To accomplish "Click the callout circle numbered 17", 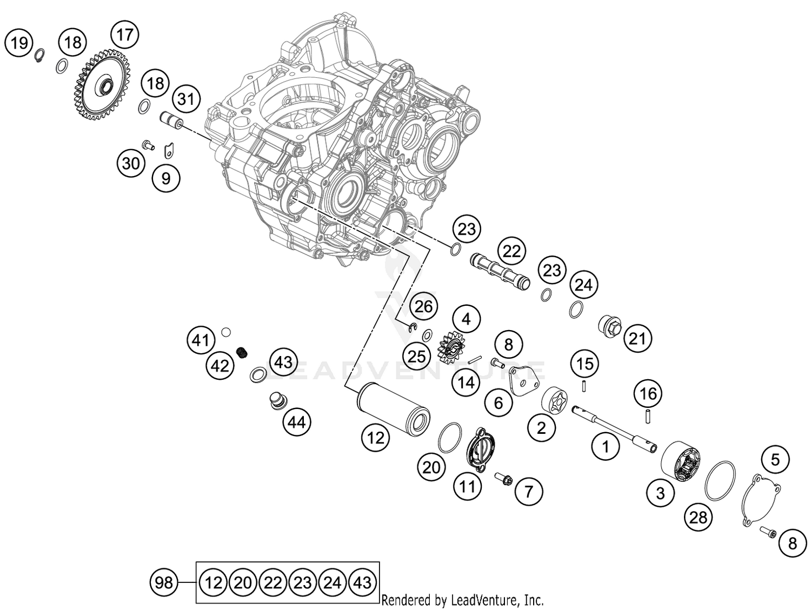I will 124,35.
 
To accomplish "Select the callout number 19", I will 19,42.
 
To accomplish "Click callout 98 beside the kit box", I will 163,582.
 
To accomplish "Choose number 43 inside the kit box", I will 362,582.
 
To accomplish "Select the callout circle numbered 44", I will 297,422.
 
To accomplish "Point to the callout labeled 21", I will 637,339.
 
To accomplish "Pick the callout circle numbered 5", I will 775,460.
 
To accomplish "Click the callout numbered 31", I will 186,99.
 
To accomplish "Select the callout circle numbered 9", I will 166,178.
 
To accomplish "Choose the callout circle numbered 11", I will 467,486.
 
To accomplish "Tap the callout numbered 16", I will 648,394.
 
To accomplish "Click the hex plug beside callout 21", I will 609,326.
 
